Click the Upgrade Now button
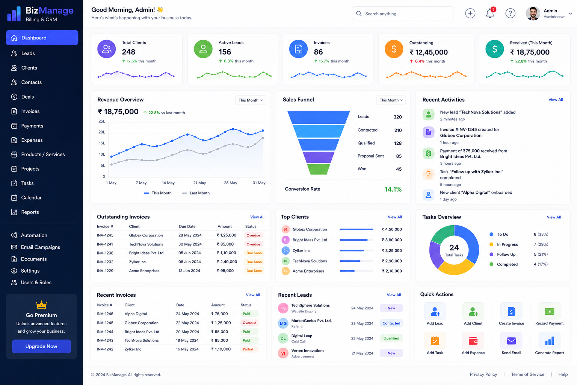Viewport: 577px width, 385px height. click(41, 346)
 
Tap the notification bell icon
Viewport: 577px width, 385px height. click(490, 14)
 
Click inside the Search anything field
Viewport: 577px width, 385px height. click(403, 14)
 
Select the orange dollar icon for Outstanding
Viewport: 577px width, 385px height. click(394, 49)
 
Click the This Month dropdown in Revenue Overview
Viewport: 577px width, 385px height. click(251, 100)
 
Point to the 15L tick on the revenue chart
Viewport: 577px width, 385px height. click(102, 143)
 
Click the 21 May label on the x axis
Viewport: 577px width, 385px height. click(199, 183)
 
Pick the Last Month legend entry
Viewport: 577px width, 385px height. click(196, 193)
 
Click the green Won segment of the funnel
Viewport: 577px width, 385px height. click(319, 170)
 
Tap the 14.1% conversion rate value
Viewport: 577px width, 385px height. click(393, 189)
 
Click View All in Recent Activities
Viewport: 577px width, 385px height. click(555, 100)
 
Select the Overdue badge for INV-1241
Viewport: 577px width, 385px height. click(253, 244)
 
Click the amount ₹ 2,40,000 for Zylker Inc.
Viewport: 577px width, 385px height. click(227, 262)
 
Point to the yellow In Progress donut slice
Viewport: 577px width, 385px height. click(455, 267)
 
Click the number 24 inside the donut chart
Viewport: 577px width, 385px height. click(454, 247)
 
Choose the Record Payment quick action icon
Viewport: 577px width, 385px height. click(549, 312)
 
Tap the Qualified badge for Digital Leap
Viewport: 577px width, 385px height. click(391, 338)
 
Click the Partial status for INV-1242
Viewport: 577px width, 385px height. click(248, 349)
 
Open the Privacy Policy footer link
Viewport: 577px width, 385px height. click(483, 374)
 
